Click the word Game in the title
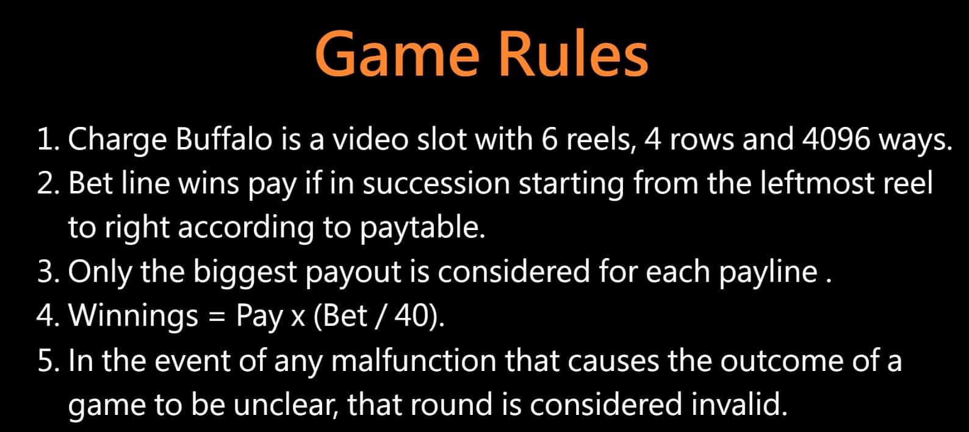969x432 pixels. coord(398,55)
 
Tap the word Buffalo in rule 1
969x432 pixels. coord(224,139)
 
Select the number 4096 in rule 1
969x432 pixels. coord(836,139)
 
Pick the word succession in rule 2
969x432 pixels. coord(436,184)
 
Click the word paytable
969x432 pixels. coord(423,228)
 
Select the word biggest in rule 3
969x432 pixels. coord(245,272)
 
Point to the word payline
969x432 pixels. coord(768,272)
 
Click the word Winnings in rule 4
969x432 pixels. coord(133,317)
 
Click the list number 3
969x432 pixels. coord(48,272)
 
